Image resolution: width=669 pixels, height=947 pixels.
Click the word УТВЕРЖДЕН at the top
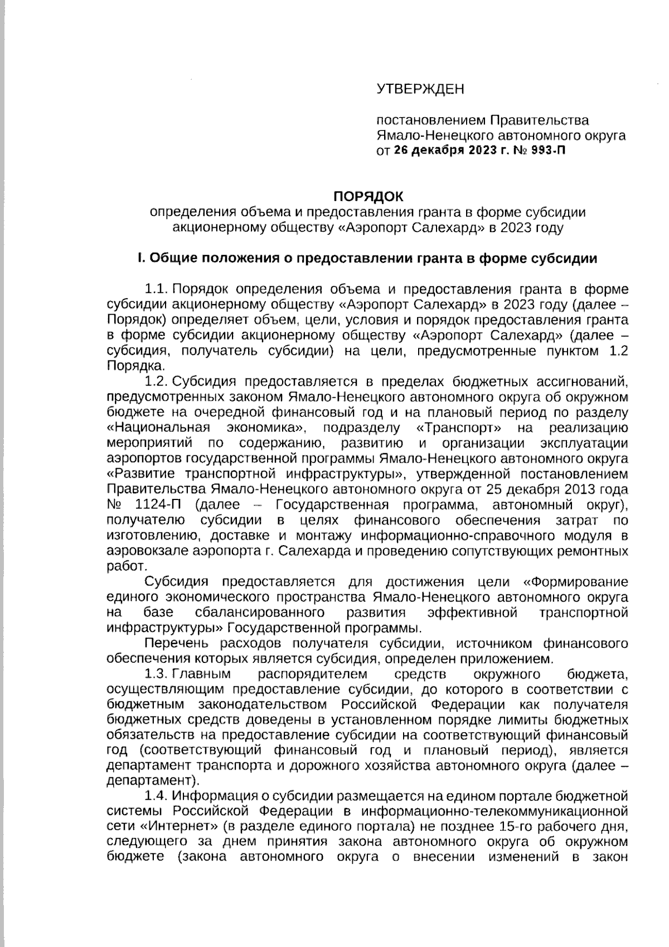tap(420, 89)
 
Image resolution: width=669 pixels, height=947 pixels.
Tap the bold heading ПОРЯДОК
tap(367, 196)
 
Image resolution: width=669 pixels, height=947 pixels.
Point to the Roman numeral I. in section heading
tap(142, 259)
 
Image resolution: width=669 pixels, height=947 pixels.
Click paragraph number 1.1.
tap(156, 290)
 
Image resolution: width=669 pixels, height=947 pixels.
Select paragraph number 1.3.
tap(156, 674)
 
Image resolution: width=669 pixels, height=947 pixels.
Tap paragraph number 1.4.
tap(156, 795)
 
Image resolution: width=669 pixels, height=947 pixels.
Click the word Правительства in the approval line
tap(539, 121)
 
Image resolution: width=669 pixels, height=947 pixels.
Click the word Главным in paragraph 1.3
tap(201, 674)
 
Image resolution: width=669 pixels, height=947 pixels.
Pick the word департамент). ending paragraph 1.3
tap(152, 780)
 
